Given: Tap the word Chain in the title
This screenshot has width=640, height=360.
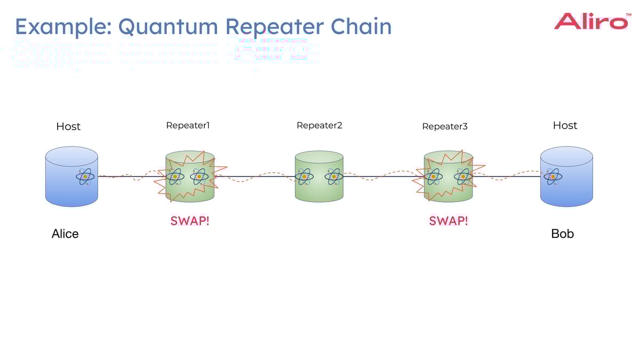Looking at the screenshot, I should click(x=363, y=26).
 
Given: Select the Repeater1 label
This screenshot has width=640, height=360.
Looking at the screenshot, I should click(x=188, y=125).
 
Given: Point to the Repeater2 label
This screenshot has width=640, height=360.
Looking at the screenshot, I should click(x=319, y=125).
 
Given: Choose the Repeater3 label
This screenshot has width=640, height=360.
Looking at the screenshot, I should click(x=444, y=126).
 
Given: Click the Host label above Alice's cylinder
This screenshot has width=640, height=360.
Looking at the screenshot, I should click(x=68, y=126).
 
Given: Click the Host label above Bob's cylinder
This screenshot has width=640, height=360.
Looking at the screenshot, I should click(x=565, y=125).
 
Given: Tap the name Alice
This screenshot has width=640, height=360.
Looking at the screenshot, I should click(x=65, y=234).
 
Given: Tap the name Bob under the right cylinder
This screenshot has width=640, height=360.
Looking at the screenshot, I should click(x=562, y=234).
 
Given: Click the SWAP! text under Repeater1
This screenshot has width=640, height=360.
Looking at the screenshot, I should click(x=190, y=221).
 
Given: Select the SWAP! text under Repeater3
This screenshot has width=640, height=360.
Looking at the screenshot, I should click(x=448, y=221).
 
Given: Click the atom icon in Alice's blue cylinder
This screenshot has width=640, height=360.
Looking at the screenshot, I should click(x=85, y=176).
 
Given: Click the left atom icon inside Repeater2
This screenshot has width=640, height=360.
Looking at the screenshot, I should click(x=304, y=176).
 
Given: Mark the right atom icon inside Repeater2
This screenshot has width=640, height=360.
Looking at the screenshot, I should click(x=334, y=176).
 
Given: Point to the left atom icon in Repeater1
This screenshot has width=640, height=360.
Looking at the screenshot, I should click(x=175, y=176).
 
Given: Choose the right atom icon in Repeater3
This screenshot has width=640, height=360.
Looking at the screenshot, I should click(x=463, y=175).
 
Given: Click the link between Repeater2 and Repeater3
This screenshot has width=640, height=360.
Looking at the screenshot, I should click(x=383, y=176).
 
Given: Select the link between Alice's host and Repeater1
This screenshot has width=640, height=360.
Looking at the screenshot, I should click(x=131, y=176).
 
